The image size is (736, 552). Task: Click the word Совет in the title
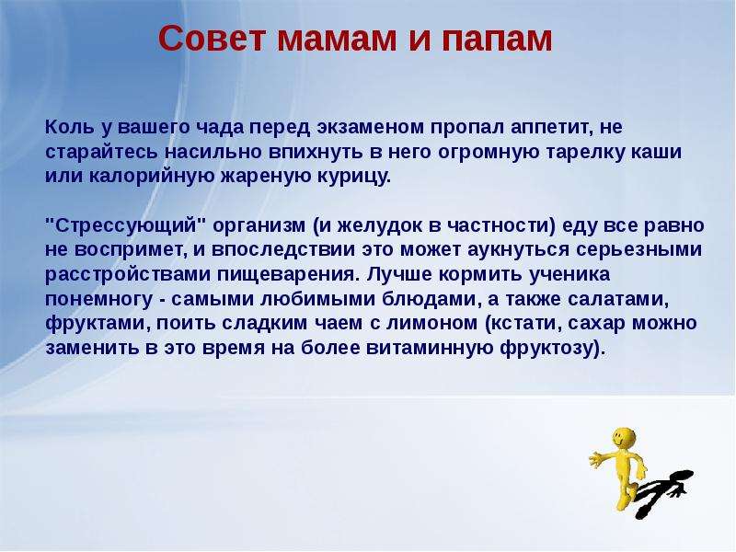[212, 38]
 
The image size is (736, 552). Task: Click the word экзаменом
[371, 128]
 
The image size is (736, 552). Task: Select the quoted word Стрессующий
[126, 225]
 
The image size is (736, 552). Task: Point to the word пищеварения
[286, 274]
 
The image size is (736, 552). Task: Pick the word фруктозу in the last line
[550, 349]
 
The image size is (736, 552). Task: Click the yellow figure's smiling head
[624, 439]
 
